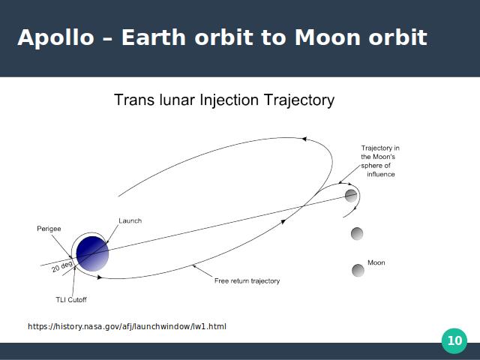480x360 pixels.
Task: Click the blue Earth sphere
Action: point(92,253)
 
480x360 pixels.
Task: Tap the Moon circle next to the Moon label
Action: point(358,270)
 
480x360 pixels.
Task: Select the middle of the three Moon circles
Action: point(357,233)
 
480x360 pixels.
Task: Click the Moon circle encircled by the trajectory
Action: point(351,196)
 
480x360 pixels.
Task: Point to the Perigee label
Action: point(49,229)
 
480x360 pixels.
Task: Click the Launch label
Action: point(130,220)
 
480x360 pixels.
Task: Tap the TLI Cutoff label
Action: point(71,300)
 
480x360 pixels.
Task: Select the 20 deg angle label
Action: point(62,266)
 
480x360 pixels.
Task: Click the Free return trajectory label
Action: point(247,281)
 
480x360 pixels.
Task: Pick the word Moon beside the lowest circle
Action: point(376,262)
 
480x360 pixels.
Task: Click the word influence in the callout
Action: point(381,174)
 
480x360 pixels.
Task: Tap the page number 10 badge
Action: point(454,340)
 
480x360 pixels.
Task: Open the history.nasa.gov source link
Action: point(127,327)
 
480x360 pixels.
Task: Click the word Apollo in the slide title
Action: point(56,38)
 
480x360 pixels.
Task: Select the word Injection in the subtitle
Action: point(229,100)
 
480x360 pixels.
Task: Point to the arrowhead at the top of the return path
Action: point(304,139)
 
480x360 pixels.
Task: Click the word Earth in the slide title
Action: point(154,37)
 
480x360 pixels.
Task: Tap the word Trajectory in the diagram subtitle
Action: point(299,100)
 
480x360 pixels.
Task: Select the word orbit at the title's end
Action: point(397,37)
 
